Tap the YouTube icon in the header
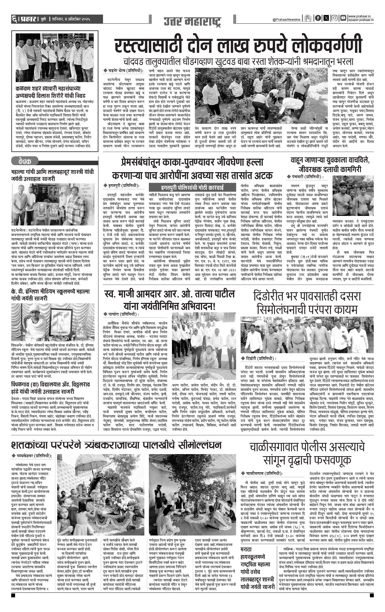[343, 18]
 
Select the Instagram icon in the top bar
[335, 18]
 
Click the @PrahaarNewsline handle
[286, 20]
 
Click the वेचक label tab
[25, 161]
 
